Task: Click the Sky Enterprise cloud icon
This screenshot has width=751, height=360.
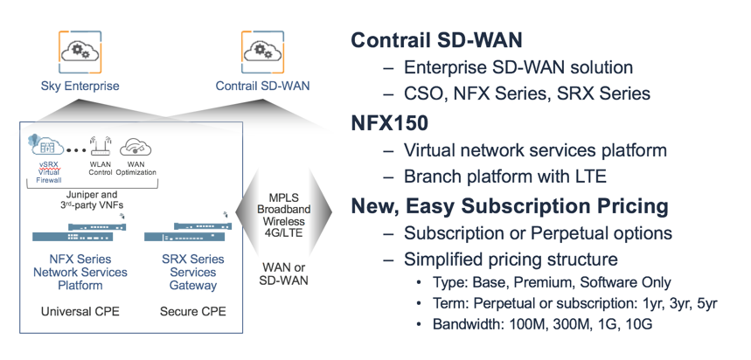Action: pos(79,49)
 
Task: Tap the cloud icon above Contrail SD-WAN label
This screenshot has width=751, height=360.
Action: pos(261,49)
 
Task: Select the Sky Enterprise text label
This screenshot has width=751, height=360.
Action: pos(80,86)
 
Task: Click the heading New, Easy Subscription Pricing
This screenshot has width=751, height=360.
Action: pos(510,207)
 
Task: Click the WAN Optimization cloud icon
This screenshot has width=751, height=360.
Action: pos(135,147)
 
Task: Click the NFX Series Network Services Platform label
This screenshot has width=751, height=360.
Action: pos(80,272)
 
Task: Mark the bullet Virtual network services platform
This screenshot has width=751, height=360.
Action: pos(535,150)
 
